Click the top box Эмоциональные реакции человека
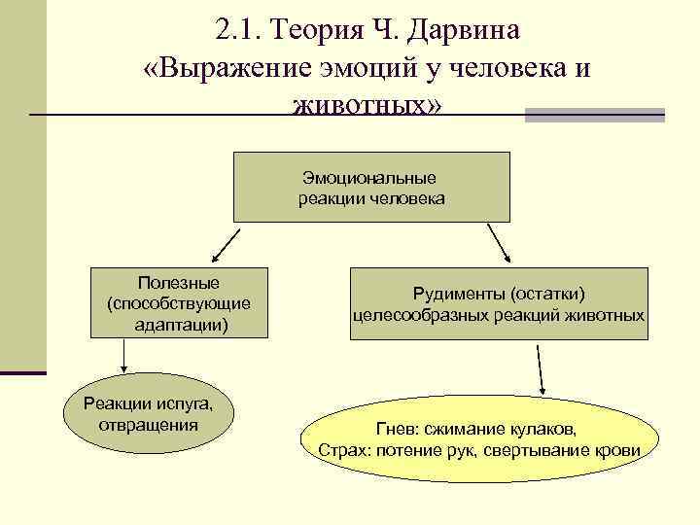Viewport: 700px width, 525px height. (370, 188)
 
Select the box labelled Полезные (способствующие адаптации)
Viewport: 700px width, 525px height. (179, 303)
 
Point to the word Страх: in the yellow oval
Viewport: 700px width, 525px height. (341, 450)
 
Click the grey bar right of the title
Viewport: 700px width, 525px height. (594, 115)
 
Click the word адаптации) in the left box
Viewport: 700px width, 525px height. (181, 324)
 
